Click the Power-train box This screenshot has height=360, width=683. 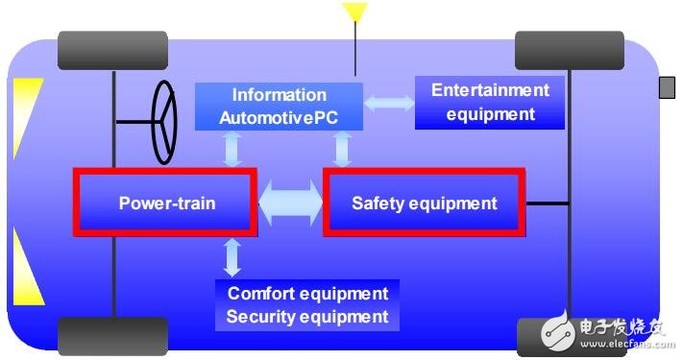166,203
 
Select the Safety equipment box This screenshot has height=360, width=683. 424,203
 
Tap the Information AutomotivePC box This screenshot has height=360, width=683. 279,107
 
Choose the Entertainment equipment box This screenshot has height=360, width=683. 490,103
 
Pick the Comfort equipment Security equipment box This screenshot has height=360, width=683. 307,304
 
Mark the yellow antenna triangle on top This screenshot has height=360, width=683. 355,12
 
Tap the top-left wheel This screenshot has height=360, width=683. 113,50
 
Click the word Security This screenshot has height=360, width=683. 269,316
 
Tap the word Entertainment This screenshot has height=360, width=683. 490,90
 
